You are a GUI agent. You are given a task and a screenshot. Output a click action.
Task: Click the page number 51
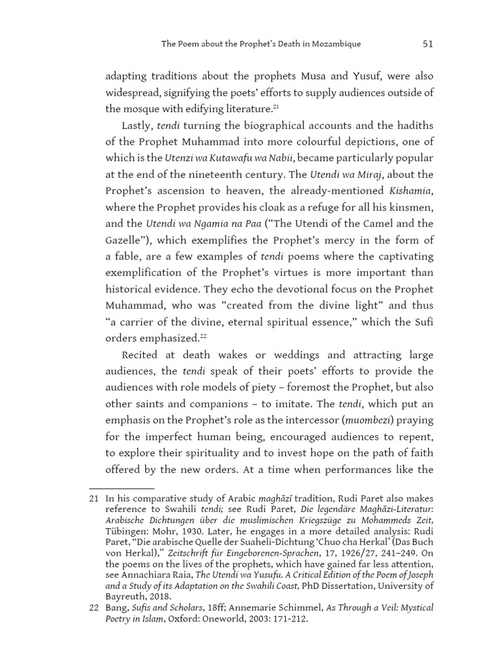(x=428, y=44)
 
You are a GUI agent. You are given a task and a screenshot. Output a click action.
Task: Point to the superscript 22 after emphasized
(x=204, y=336)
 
